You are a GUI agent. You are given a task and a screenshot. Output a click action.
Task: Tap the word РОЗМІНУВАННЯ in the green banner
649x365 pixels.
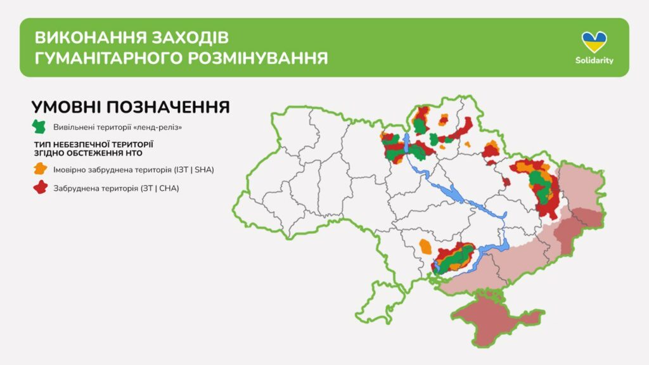258,58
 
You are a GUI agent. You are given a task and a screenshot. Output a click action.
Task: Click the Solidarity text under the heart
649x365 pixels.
594,60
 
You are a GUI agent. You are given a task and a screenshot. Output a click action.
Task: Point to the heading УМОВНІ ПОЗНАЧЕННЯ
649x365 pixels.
131,107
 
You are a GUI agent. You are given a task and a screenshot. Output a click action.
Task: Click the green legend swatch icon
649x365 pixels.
39,127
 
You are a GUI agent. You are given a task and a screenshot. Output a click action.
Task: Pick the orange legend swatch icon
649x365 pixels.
40,169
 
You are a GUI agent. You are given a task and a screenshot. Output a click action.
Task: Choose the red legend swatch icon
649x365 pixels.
40,188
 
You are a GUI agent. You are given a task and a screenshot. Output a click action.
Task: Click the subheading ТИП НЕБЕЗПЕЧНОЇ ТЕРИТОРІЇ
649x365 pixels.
94,144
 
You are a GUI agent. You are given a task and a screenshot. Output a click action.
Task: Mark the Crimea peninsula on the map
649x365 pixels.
497,319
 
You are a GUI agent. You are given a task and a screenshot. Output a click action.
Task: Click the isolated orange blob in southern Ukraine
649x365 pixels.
425,247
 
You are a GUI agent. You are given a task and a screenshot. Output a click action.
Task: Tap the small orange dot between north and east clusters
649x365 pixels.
468,144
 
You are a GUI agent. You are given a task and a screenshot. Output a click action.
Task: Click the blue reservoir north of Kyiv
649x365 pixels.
406,143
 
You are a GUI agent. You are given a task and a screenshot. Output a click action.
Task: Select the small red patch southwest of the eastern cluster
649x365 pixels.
506,181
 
